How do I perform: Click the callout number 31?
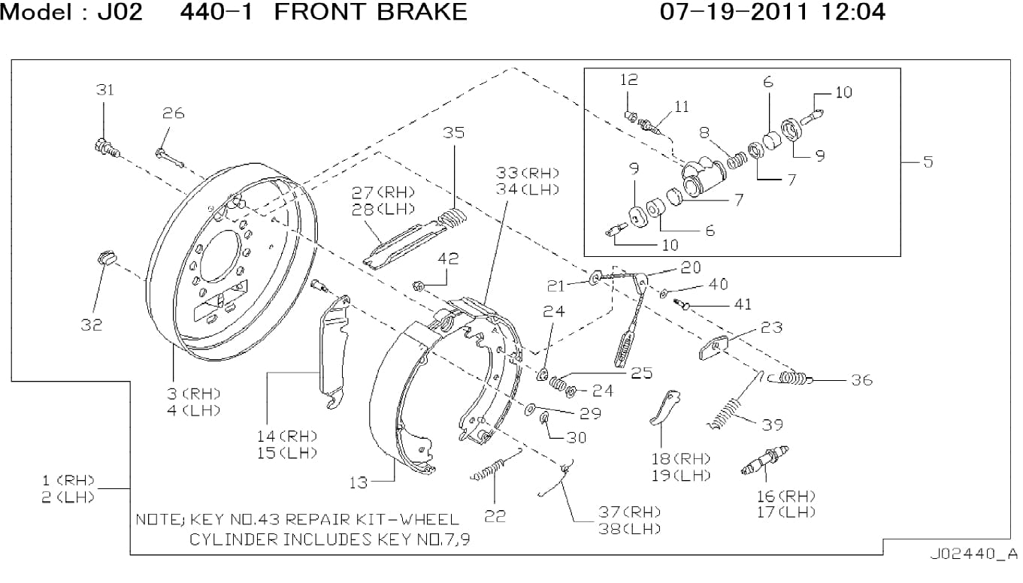[105, 90]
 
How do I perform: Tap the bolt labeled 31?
[107, 148]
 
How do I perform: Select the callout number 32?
[92, 325]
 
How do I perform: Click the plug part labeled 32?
[107, 258]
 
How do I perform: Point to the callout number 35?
[453, 133]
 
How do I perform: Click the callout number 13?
[359, 482]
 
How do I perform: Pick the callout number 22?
[495, 516]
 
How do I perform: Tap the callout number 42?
[447, 259]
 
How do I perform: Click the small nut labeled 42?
[419, 286]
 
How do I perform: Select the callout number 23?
[771, 328]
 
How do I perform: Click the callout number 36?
[862, 380]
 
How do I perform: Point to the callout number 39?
[772, 424]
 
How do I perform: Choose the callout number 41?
[743, 304]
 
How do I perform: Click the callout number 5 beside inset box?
[928, 162]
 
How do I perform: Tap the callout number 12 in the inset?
[629, 80]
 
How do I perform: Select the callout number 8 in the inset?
[704, 132]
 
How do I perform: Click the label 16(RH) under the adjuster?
[786, 496]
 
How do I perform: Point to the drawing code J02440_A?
[974, 554]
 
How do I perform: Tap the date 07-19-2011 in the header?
[734, 12]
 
